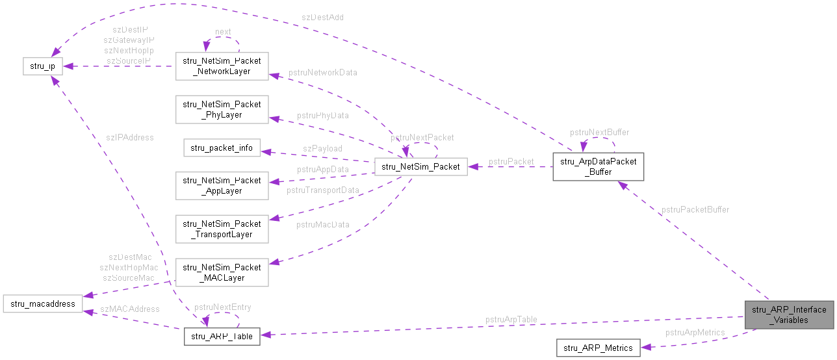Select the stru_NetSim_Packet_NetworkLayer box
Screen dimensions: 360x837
click(222, 66)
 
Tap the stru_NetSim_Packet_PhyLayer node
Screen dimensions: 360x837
click(222, 109)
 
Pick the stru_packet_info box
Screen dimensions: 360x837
click(222, 148)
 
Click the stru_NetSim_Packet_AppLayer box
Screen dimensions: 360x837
click(222, 185)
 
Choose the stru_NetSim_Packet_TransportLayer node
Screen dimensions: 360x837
click(222, 229)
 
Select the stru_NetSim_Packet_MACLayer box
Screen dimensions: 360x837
click(222, 272)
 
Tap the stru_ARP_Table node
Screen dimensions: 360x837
click(222, 336)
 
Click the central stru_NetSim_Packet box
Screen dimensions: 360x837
click(420, 167)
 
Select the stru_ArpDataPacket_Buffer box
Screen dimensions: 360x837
click(598, 167)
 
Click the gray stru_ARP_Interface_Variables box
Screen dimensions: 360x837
click(789, 315)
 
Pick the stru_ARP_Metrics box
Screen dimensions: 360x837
click(598, 348)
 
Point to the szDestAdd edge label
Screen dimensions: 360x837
click(322, 18)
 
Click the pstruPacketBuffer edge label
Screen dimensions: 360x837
click(695, 209)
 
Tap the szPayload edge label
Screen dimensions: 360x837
click(322, 149)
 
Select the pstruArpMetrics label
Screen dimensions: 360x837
click(695, 333)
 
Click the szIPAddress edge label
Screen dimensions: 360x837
click(131, 137)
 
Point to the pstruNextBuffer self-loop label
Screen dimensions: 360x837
click(599, 132)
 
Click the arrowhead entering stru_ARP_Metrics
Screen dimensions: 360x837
click(645, 348)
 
